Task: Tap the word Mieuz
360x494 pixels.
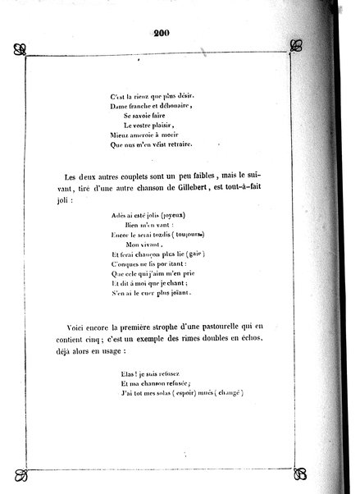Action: (x=120, y=135)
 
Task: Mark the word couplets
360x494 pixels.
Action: (x=142, y=177)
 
